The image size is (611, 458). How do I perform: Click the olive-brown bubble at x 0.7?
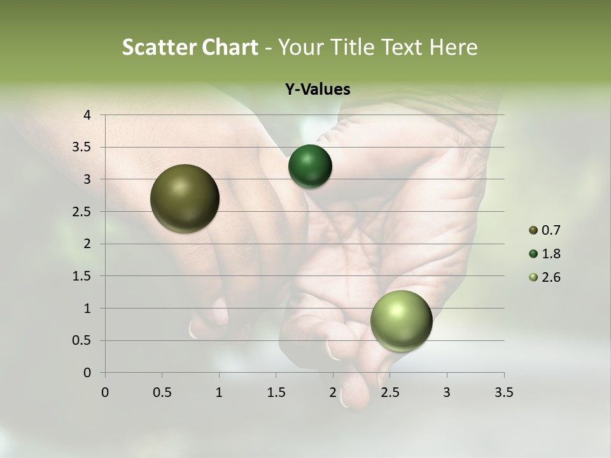[185, 198]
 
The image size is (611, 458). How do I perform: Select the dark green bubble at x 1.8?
[310, 166]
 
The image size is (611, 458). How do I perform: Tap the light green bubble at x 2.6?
[401, 321]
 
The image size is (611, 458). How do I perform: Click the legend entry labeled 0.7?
[544, 230]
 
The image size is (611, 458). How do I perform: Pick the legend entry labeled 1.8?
[544, 254]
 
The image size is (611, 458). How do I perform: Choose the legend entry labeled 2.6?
[544, 277]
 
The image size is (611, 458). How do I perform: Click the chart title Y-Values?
[318, 90]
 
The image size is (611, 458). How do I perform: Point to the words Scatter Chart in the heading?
[190, 47]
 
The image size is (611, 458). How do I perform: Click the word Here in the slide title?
[453, 47]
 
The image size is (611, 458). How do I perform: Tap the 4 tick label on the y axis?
[87, 115]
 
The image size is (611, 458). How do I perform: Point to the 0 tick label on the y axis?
[87, 373]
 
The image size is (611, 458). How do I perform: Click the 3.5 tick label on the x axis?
[503, 392]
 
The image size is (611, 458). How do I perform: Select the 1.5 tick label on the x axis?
[276, 392]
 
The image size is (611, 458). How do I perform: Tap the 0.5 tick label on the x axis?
[162, 392]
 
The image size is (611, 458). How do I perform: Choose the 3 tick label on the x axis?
[447, 392]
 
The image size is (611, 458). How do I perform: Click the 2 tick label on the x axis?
[333, 392]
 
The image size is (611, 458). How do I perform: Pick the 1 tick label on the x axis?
[219, 392]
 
